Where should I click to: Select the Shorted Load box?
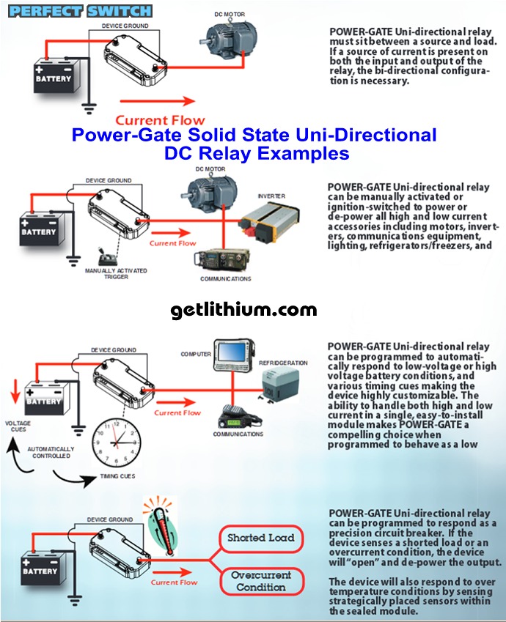coord(260,538)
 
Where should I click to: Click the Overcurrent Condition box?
coord(260,581)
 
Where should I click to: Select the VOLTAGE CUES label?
coord(18,426)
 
